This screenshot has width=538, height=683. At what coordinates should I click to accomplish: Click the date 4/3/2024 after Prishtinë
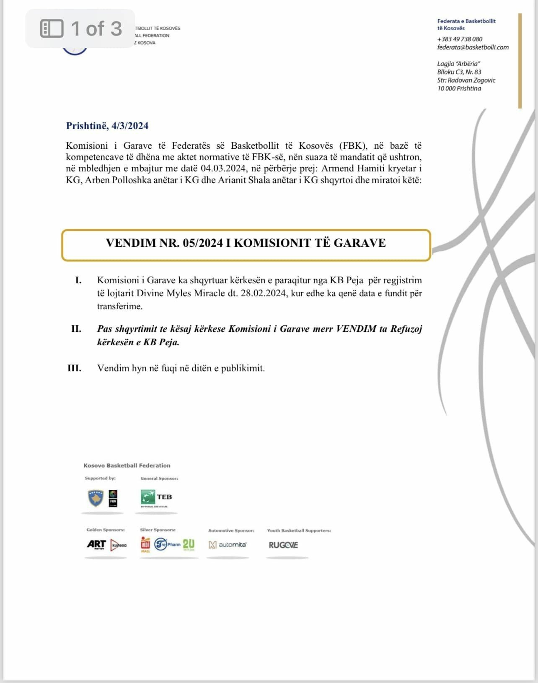[130, 126]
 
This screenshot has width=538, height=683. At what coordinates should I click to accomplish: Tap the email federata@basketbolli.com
[473, 47]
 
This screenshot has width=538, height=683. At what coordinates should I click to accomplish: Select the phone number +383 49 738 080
[460, 39]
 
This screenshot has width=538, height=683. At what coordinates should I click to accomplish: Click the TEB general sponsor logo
[156, 497]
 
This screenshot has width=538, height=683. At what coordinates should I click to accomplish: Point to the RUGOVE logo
[283, 545]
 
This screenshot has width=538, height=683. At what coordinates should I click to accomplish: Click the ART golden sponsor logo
[96, 544]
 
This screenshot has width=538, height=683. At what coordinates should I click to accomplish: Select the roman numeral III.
[74, 368]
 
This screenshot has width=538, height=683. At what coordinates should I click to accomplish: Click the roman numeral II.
[76, 329]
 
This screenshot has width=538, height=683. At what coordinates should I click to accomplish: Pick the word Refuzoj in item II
[406, 329]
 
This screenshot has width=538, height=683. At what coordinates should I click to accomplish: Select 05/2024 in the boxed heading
[203, 243]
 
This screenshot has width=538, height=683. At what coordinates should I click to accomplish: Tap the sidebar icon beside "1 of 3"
[52, 28]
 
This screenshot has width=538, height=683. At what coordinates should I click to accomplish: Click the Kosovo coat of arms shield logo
[96, 498]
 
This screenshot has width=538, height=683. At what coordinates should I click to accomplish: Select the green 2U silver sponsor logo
[189, 544]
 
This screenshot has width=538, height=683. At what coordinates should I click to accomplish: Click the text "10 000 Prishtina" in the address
[459, 88]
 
